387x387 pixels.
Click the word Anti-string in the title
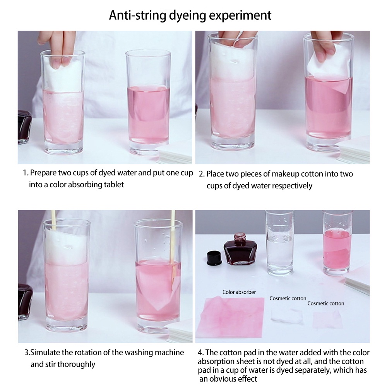click(137, 15)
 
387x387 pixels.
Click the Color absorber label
click(239, 292)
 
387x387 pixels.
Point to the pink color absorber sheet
click(232, 317)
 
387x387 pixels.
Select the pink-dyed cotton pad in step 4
click(327, 320)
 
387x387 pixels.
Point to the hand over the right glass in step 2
click(324, 45)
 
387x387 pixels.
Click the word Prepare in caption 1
click(43, 173)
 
